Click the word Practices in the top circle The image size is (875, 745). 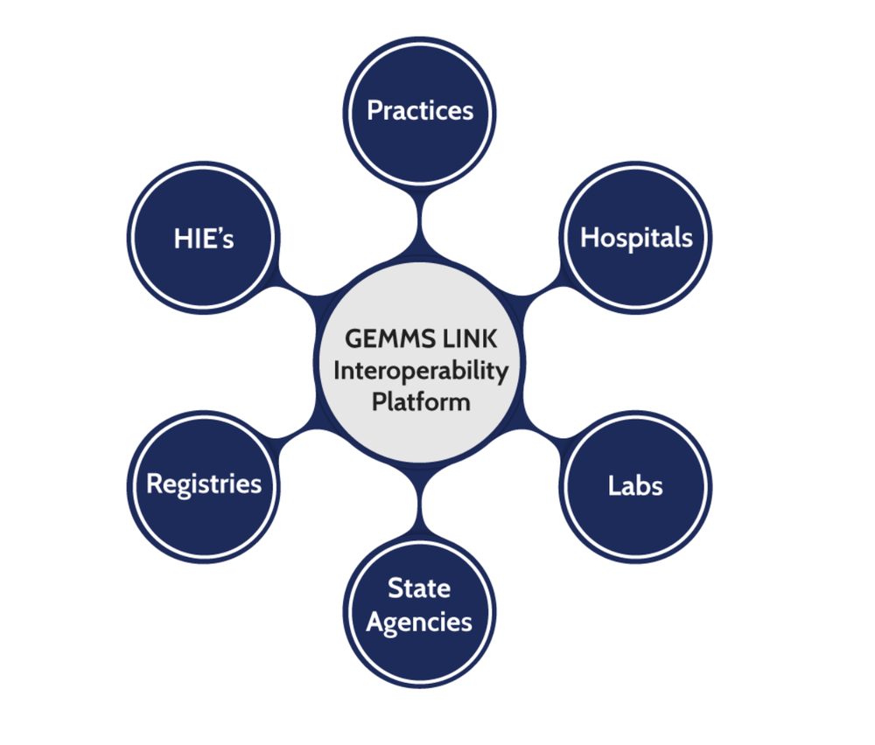pyautogui.click(x=420, y=111)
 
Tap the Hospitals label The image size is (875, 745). pyautogui.click(x=636, y=237)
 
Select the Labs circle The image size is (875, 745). pyautogui.click(x=636, y=485)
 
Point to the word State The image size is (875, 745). pyautogui.click(x=419, y=588)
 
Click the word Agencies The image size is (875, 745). pyautogui.click(x=419, y=623)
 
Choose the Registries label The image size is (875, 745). pyautogui.click(x=204, y=484)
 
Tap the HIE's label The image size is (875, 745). pyautogui.click(x=204, y=238)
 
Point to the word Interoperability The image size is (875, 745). pyautogui.click(x=420, y=371)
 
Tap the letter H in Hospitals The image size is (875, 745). pyautogui.click(x=590, y=237)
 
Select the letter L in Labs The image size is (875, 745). pyautogui.click(x=614, y=485)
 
